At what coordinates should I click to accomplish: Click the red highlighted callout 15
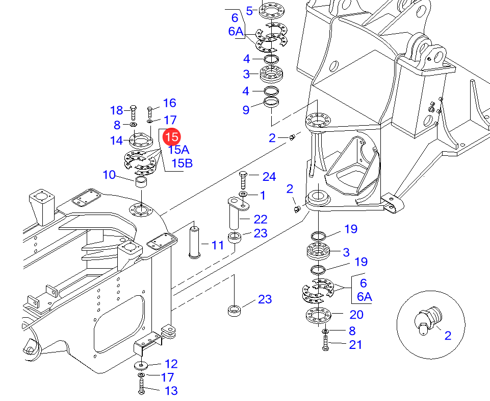coord(171,136)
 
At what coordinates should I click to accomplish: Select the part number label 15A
coord(178,150)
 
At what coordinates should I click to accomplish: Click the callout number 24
coord(269,177)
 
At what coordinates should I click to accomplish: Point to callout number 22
coord(261,219)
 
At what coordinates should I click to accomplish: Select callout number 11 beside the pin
coord(218,245)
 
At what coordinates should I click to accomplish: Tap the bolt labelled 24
coord(243,180)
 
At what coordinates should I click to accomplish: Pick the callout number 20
coord(356,315)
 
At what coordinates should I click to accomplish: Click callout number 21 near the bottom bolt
coord(355,345)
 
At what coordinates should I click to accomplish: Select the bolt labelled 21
coord(325,343)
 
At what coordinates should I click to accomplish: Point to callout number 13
coord(171,391)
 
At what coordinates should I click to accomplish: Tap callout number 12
coord(171,364)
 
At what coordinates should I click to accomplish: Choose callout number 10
coord(109,175)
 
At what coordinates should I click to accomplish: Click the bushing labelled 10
coord(141,182)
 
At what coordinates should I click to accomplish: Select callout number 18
coord(117,110)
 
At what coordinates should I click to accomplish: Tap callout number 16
coord(169,103)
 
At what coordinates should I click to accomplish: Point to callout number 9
coord(246,110)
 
